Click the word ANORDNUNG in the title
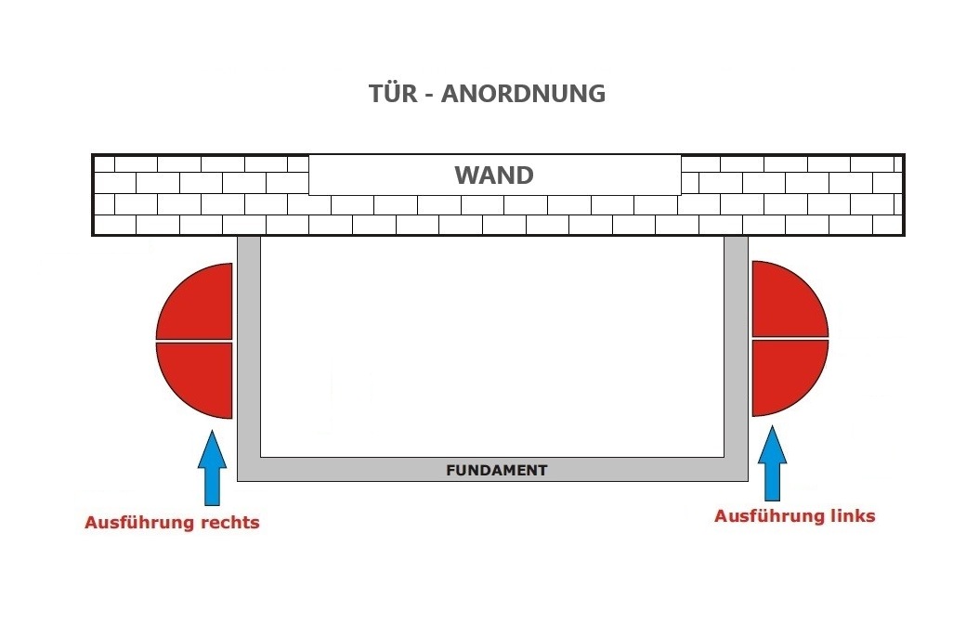(x=523, y=94)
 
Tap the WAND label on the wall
(x=493, y=175)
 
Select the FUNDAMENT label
(x=497, y=470)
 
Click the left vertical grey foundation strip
(x=249, y=353)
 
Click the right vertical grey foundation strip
(x=736, y=353)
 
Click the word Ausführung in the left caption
(x=140, y=523)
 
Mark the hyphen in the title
(x=428, y=95)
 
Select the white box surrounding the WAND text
(x=372, y=175)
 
